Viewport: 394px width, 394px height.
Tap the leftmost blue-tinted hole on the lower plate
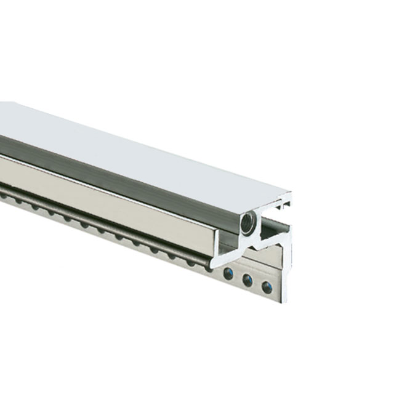[x=229, y=274]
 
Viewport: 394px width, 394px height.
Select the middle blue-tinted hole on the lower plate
[x=247, y=281]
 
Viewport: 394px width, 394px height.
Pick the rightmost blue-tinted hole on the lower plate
[x=267, y=287]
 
